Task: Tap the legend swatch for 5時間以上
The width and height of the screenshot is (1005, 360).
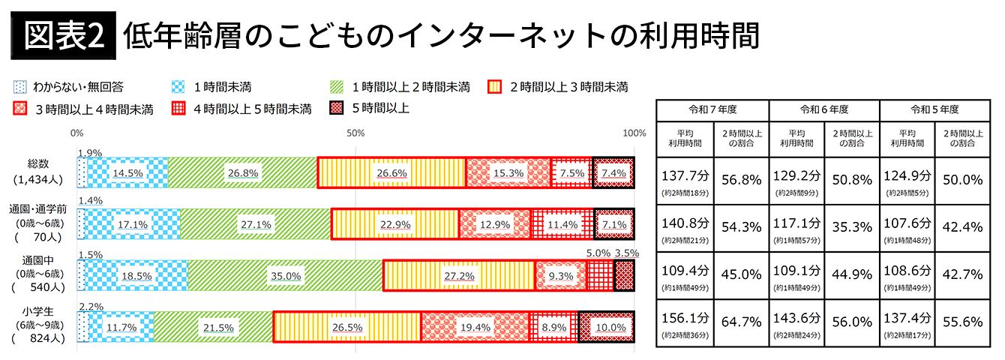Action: pos(337,108)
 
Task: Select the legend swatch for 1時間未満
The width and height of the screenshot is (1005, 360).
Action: pos(179,86)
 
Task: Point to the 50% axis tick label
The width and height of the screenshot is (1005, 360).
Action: pos(355,133)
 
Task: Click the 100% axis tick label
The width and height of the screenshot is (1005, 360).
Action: pos(634,133)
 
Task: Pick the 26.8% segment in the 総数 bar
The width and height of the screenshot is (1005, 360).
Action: pos(242,172)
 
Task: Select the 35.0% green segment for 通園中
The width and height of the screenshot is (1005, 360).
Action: pos(285,275)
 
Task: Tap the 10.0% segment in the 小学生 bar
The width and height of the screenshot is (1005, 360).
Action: pos(606,327)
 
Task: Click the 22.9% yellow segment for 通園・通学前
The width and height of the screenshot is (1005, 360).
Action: pos(394,223)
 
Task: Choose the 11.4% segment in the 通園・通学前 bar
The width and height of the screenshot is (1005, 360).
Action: pos(562,223)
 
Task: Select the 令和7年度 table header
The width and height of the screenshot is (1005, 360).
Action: pos(712,109)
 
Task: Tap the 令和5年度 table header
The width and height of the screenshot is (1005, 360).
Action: pos(934,109)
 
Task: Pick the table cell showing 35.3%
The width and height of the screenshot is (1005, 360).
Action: pos(851,224)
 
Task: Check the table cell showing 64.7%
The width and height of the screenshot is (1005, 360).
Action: pos(741,322)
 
